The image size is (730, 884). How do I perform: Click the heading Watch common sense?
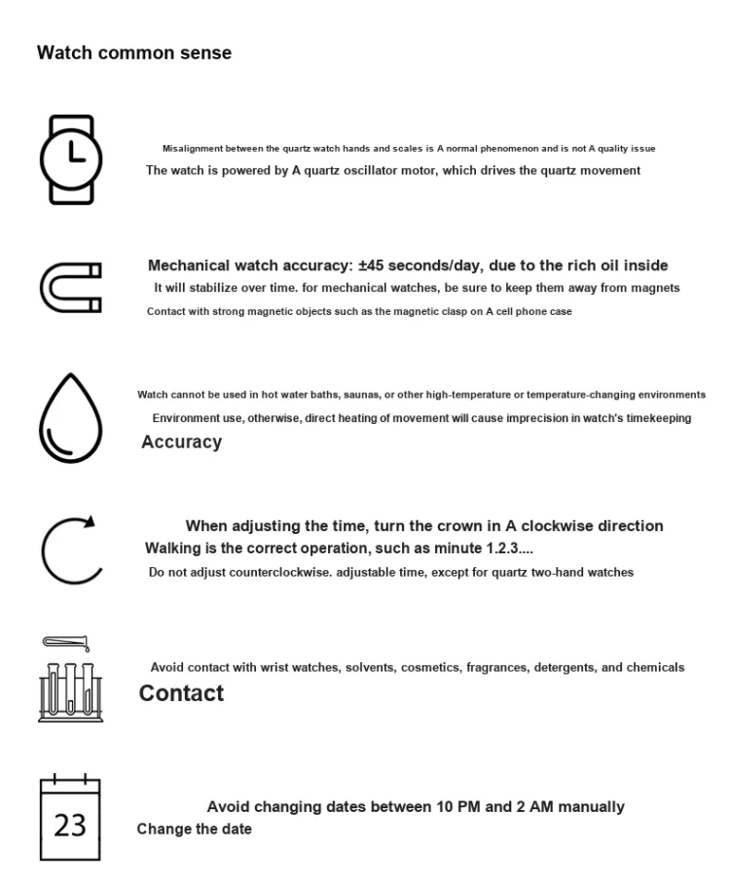pos(134,53)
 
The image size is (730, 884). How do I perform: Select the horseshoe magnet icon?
pos(70,288)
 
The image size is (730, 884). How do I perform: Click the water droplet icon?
pos(69,418)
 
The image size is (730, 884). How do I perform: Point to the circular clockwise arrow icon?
pos(71,549)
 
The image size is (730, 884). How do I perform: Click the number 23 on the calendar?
pos(70,826)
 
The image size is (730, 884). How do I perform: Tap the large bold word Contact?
pos(181,693)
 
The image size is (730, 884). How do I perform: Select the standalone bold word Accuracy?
pos(181,442)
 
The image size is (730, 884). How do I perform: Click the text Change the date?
pos(194,830)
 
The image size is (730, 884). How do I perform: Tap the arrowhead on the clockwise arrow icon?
pos(90,521)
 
